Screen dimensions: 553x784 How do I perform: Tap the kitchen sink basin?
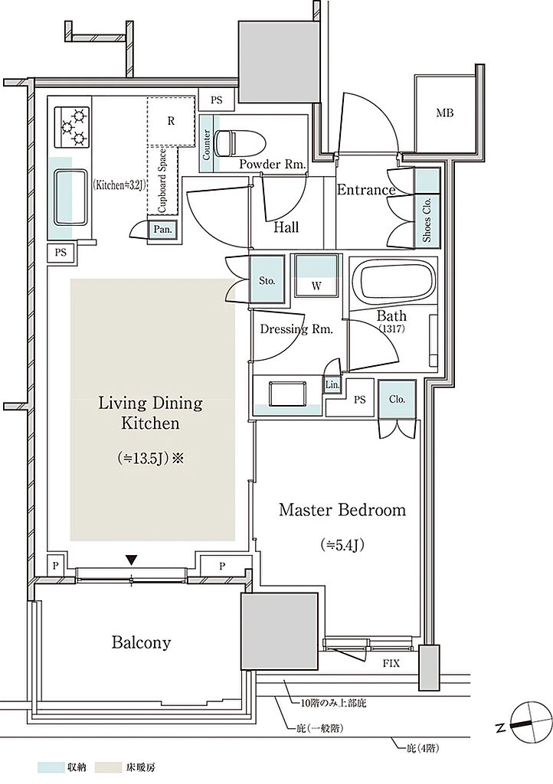70,198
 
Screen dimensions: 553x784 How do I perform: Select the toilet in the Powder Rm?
238,142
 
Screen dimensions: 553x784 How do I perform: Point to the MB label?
444,113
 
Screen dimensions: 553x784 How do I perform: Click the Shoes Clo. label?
427,220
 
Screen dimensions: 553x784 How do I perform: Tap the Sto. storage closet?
267,280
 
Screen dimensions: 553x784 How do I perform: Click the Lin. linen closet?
332,385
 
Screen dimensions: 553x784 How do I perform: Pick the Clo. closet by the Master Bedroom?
397,400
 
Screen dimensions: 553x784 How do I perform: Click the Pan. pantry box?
163,230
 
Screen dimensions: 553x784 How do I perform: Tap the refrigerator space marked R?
171,122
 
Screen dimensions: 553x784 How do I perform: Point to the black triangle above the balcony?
131,560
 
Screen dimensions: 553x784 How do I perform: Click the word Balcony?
141,642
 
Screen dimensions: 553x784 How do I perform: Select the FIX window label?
391,664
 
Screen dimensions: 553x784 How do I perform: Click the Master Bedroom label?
342,510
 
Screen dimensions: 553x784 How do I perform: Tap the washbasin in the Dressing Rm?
287,395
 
